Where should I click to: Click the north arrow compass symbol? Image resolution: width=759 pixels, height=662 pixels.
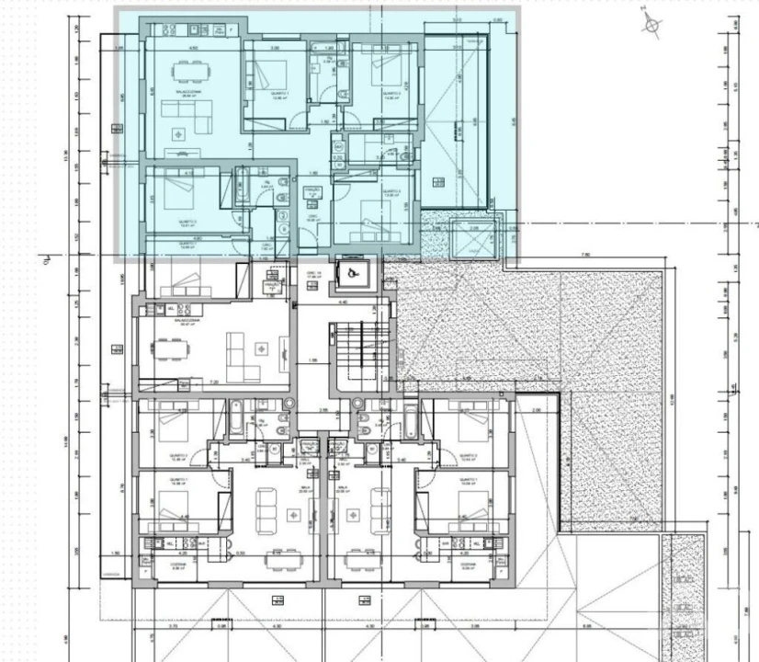[652, 26]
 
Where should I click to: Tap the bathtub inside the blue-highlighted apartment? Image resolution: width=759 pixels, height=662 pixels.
[242, 185]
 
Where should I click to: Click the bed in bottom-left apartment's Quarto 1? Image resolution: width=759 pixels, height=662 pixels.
[175, 501]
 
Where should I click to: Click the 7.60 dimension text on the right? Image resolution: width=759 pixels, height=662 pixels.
[585, 255]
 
